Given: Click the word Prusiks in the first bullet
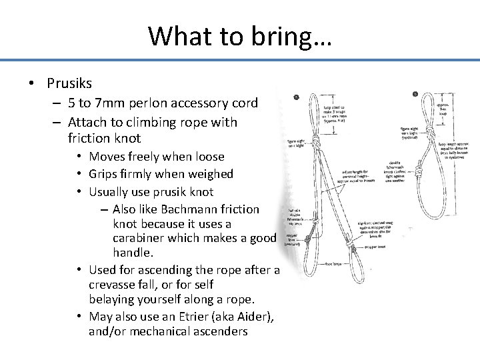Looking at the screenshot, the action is (x=69, y=83).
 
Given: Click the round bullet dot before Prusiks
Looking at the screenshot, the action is (x=31, y=84).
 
